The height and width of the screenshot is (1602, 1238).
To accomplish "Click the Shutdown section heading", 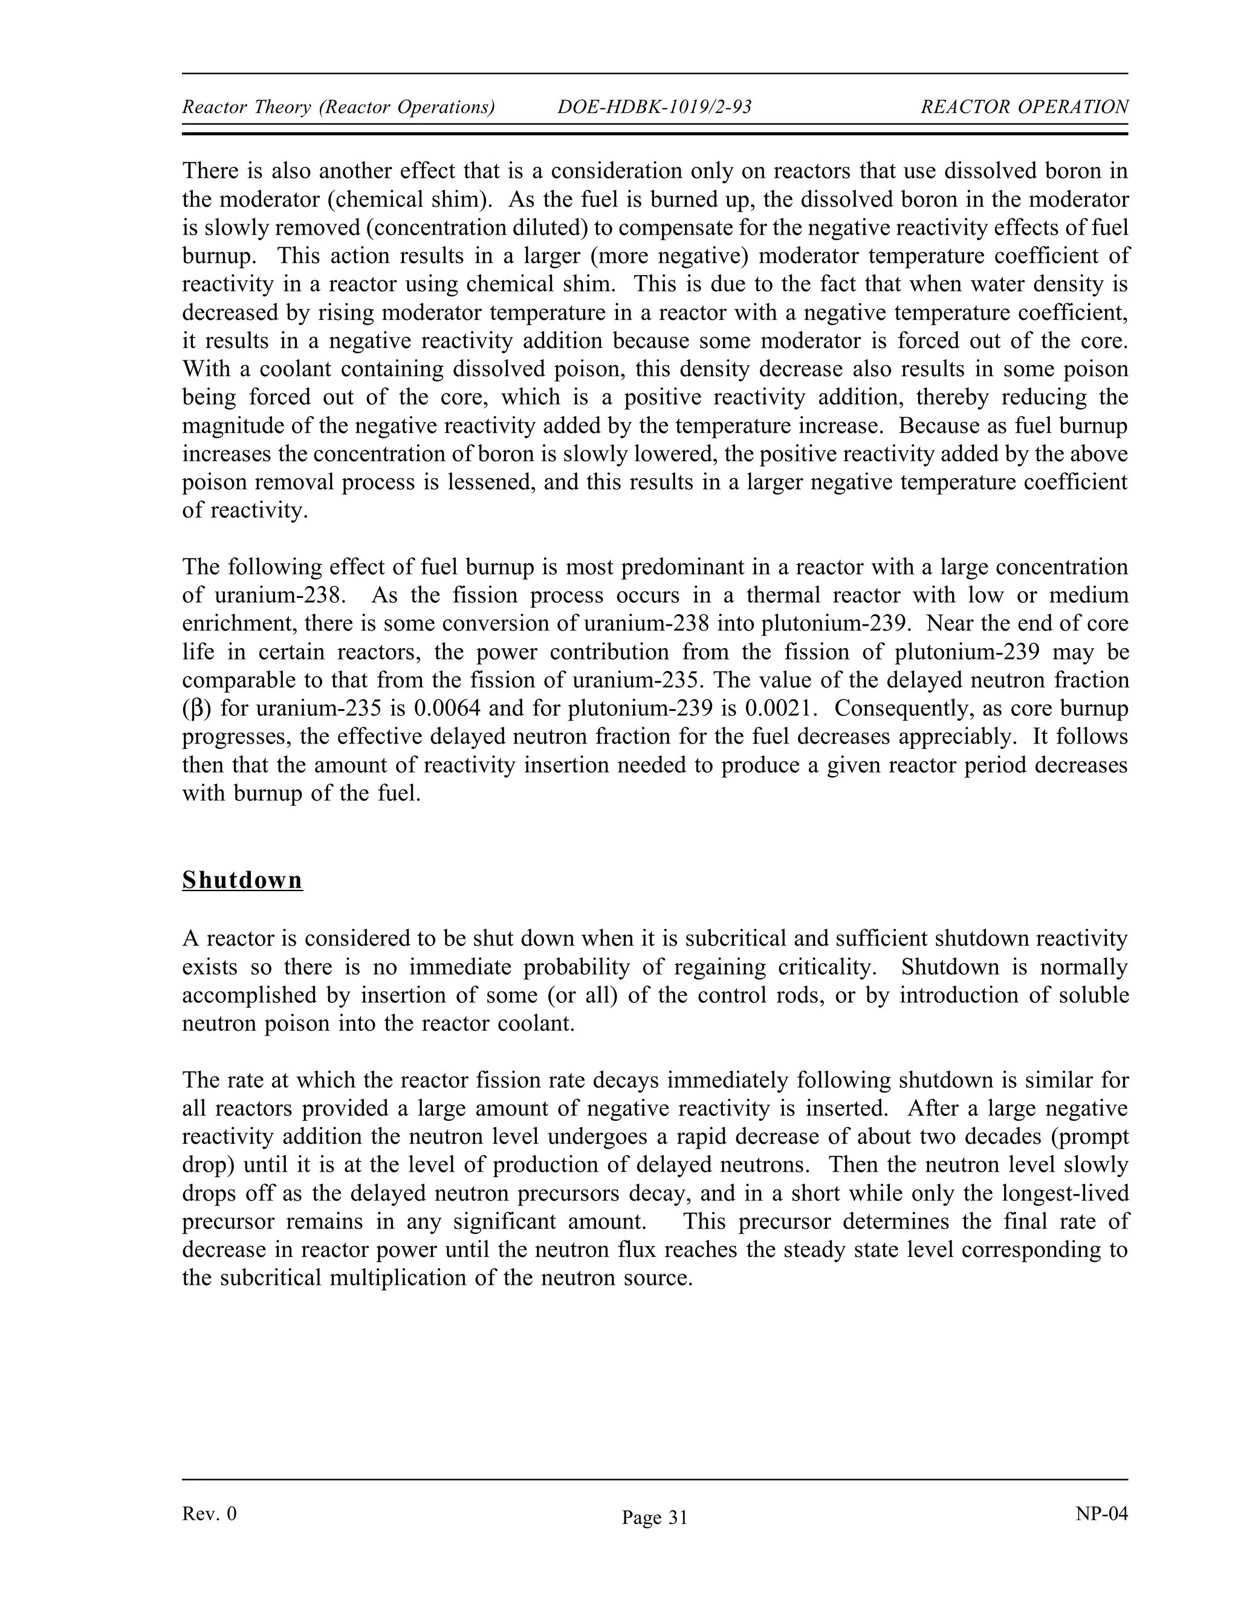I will coord(242,880).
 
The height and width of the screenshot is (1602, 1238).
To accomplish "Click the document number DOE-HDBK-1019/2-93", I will coord(654,107).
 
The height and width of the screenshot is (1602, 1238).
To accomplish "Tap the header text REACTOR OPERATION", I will coord(1024,107).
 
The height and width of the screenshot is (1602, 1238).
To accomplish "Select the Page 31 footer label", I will coord(654,1517).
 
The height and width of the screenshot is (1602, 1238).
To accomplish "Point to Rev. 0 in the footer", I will coord(209,1514).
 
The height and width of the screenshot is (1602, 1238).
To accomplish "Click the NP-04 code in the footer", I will coord(1101,1514).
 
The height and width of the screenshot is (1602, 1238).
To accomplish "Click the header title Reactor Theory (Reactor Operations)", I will coord(338,107).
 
